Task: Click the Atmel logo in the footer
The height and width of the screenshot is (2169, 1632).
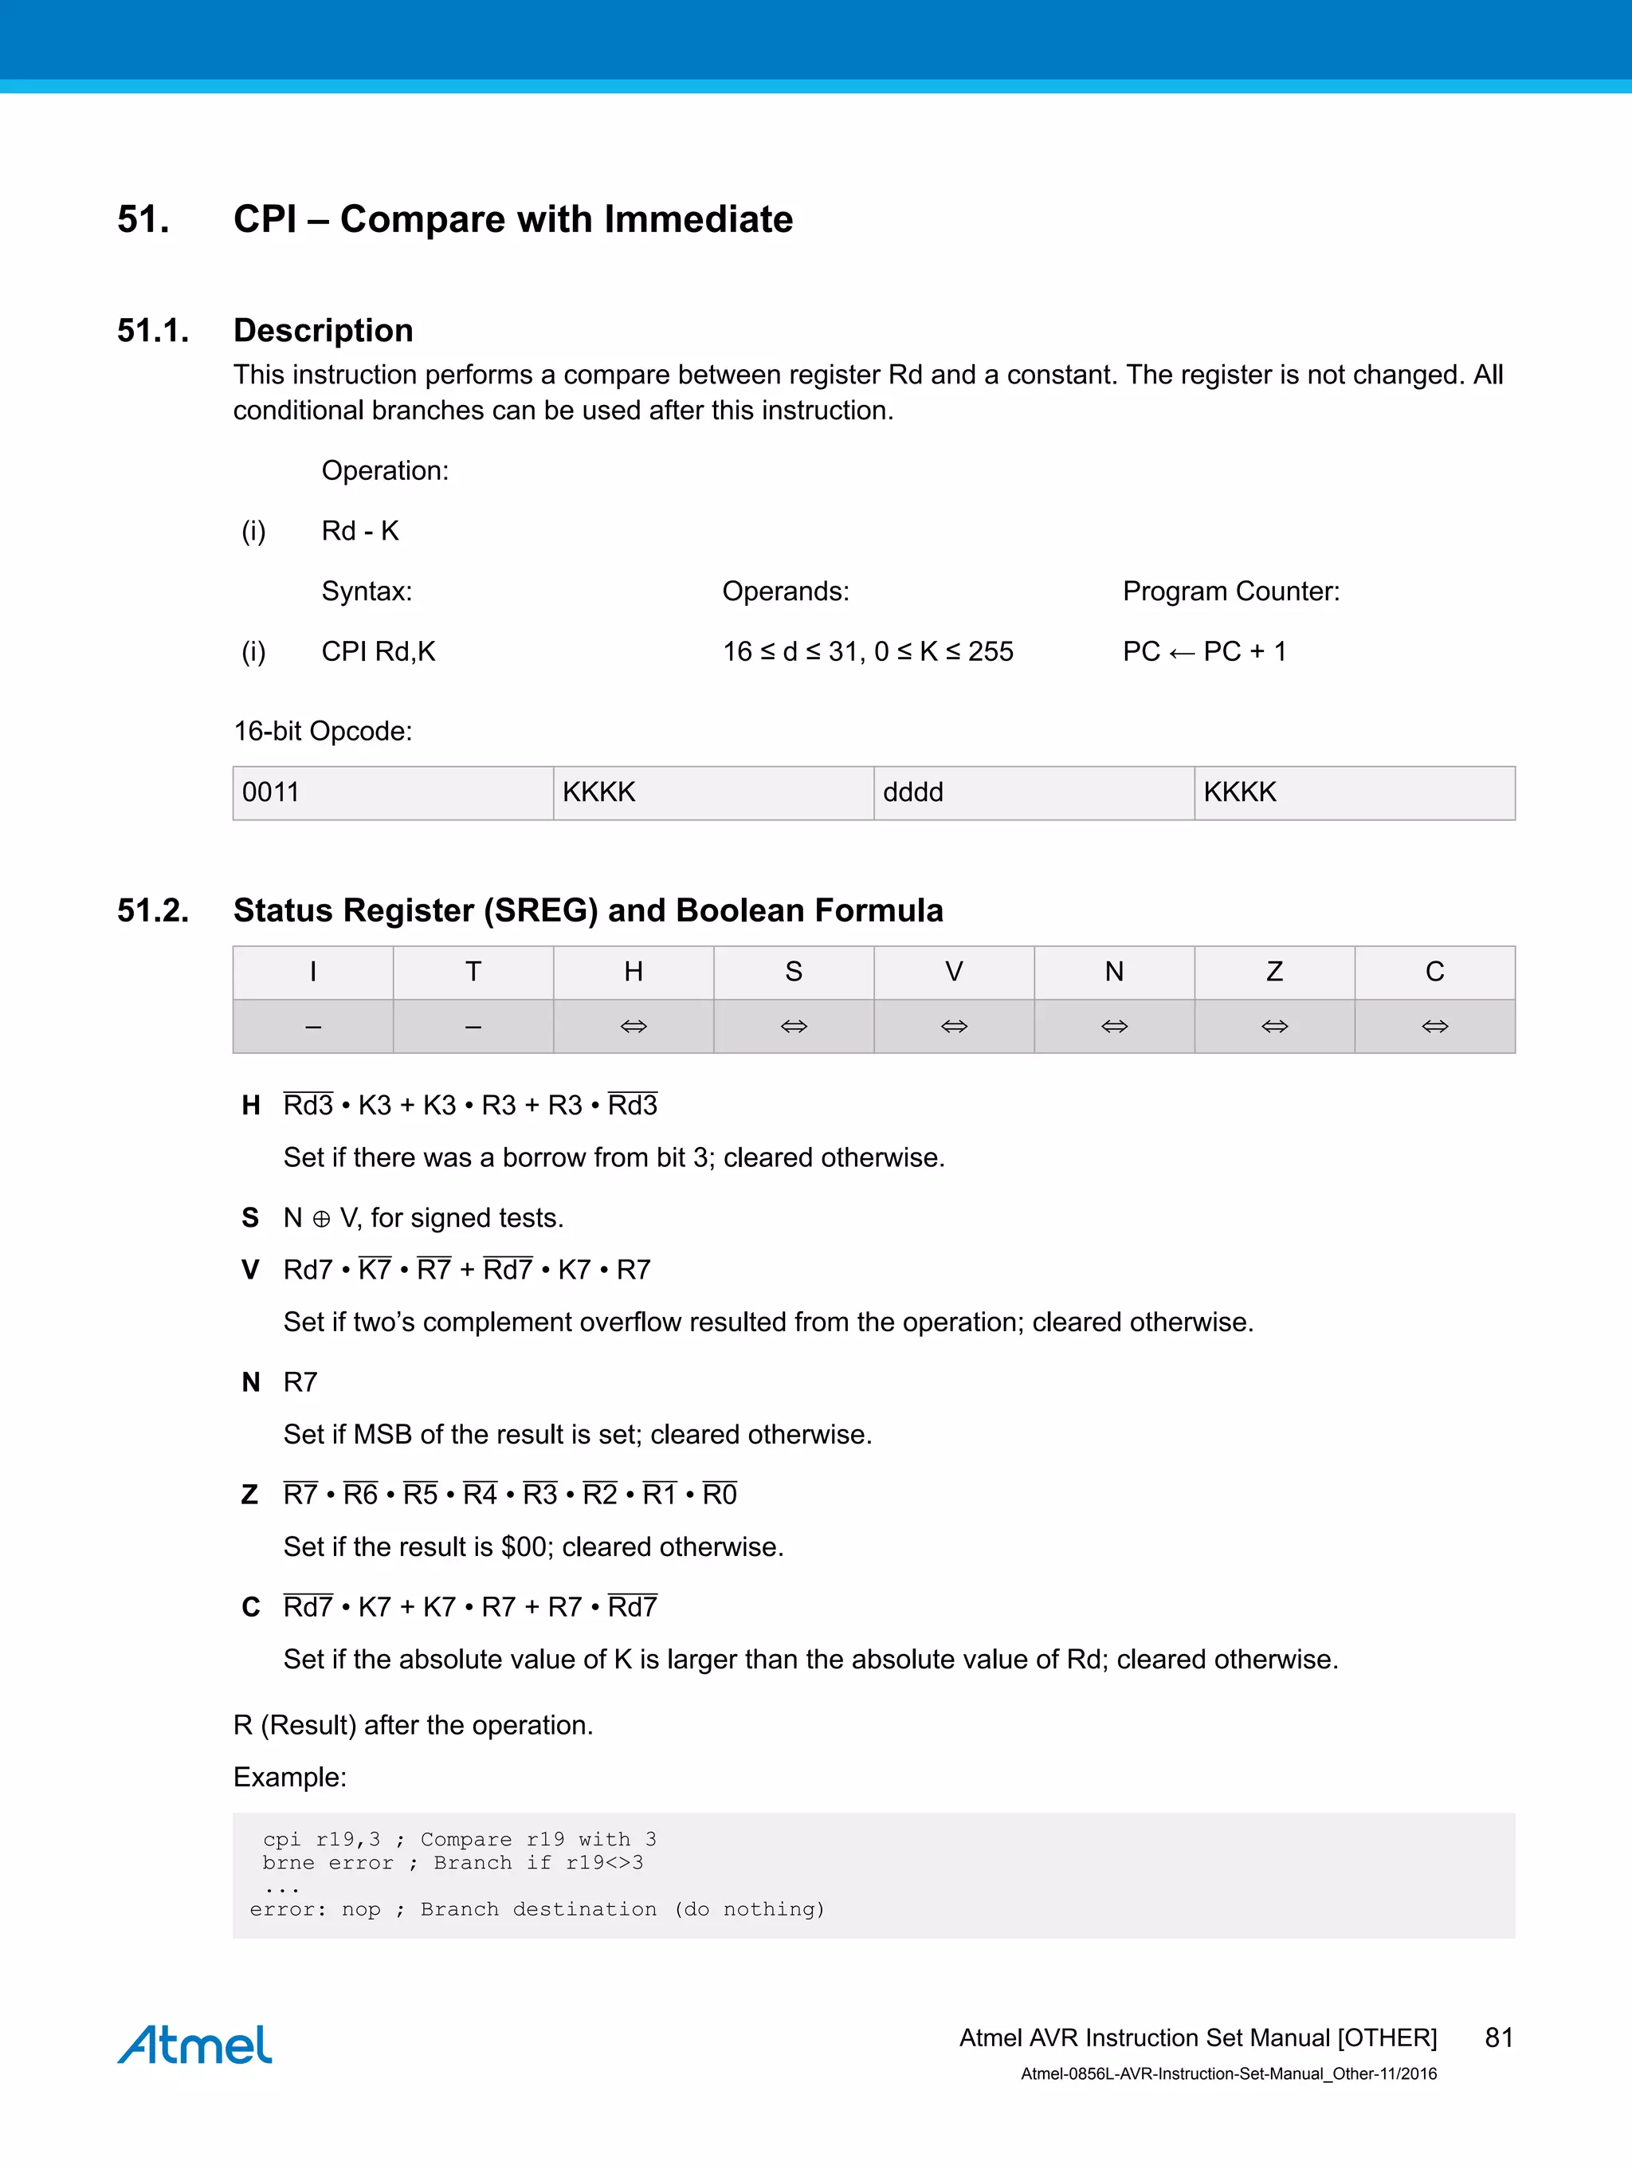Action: point(194,2045)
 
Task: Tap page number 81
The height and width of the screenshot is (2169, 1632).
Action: point(1499,2037)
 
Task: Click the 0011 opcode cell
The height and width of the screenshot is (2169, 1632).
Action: point(392,792)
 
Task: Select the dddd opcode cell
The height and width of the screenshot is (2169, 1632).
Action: point(1033,792)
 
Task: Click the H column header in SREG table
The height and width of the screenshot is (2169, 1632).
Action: point(634,972)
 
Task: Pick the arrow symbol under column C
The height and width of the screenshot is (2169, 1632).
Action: point(1434,1027)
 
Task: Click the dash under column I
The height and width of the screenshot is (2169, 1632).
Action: point(312,1027)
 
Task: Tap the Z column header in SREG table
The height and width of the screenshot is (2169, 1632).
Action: point(1274,972)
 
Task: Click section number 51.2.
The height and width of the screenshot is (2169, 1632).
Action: point(153,910)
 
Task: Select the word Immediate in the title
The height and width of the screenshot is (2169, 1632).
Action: point(698,220)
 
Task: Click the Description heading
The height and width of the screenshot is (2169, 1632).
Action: point(323,331)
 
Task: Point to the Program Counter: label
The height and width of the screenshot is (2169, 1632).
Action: point(1230,591)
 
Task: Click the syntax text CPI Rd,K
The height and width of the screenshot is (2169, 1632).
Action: point(379,651)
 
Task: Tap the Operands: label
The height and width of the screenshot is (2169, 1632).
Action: point(785,591)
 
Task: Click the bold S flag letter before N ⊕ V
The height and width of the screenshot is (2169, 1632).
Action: point(250,1218)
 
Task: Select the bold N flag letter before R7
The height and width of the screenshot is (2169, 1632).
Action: point(251,1382)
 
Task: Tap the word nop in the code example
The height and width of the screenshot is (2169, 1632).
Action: point(361,1909)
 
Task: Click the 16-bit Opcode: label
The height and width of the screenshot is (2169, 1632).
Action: point(323,732)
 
